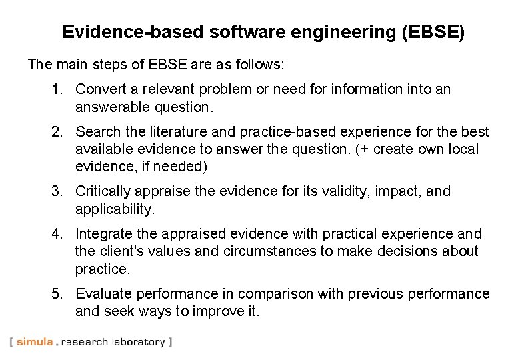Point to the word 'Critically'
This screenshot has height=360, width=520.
[103, 191]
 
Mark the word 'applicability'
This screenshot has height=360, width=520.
[114, 209]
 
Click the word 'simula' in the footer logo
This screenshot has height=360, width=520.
[35, 342]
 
